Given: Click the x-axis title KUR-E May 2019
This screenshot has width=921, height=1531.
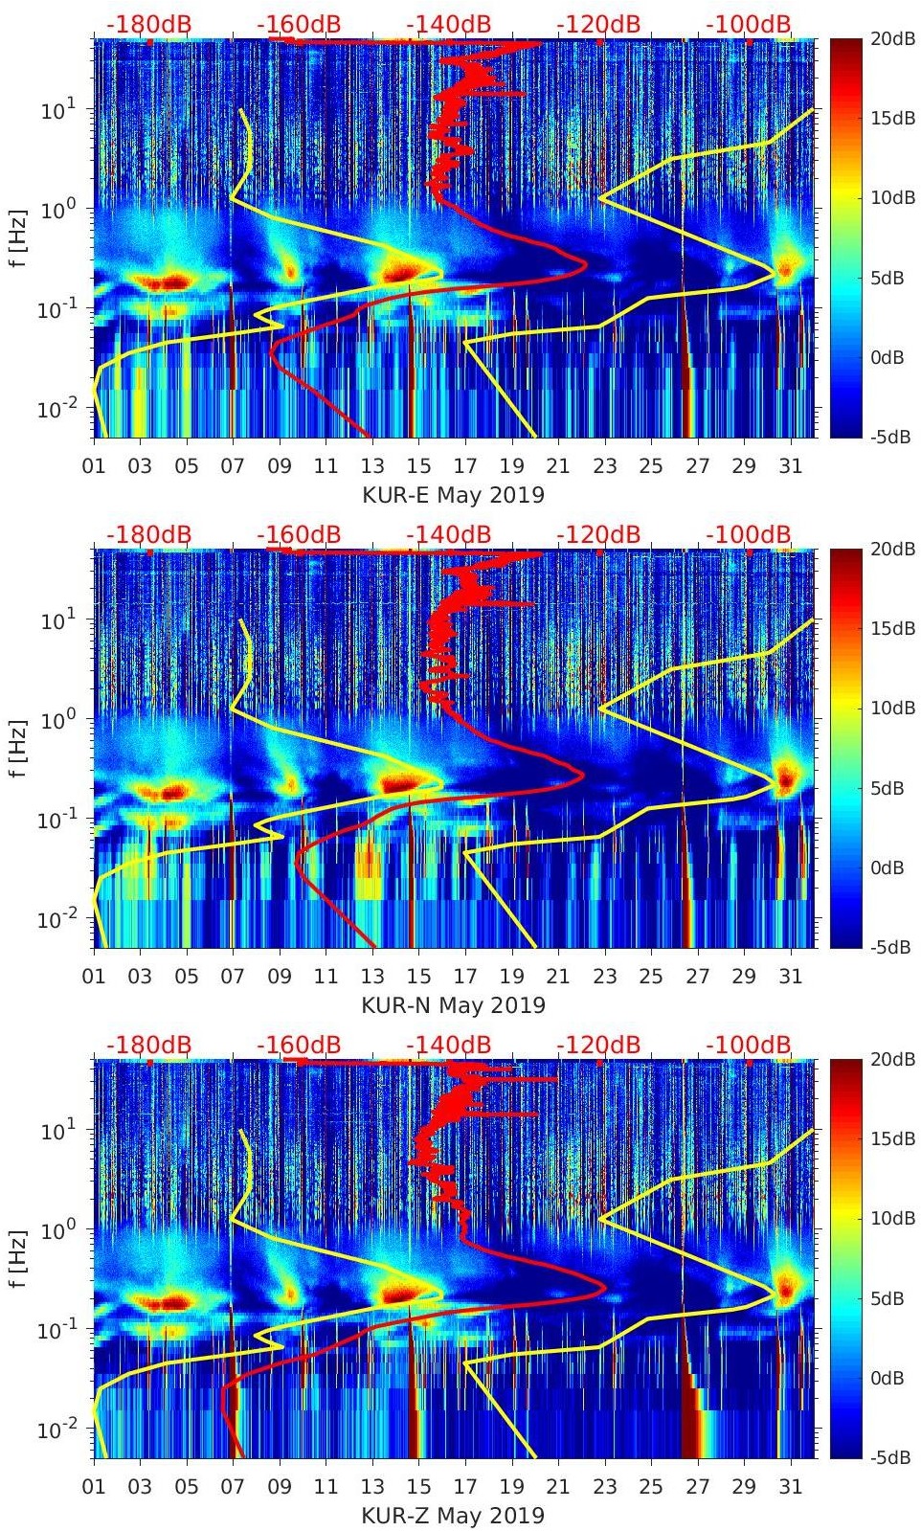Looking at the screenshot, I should point(453,495).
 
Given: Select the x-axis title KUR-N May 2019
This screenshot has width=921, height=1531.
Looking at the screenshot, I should point(453,1005).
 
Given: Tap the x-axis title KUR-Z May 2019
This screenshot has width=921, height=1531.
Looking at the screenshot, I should point(453,1516).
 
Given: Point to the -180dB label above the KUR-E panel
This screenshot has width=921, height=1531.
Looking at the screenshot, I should point(148,24).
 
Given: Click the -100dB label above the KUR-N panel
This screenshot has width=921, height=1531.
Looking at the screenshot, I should point(749,534).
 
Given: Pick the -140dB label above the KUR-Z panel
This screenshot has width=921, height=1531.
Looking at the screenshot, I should point(449,1045).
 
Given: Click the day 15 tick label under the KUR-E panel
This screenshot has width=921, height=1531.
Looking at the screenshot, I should point(418,466).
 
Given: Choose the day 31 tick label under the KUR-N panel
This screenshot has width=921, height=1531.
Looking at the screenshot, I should point(790,977).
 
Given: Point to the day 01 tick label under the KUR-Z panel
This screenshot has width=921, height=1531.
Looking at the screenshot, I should point(94,1487).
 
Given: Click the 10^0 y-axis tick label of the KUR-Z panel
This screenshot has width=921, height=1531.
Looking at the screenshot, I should point(60,1229).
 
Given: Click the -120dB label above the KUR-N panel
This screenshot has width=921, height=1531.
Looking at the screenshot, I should point(598,534).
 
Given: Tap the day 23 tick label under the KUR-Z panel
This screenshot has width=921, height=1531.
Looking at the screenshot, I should point(604,1487).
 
